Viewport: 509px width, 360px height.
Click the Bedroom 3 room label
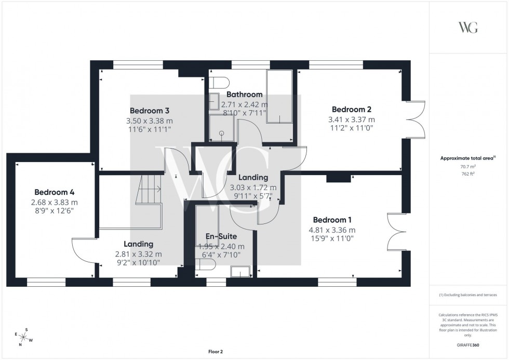(x=150, y=111)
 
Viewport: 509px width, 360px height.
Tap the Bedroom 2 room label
(x=352, y=110)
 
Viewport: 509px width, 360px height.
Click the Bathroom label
(x=244, y=95)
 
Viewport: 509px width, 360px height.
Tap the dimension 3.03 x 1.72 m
(x=253, y=188)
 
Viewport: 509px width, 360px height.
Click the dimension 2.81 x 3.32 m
(x=139, y=254)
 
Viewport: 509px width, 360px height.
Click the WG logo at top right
(x=468, y=28)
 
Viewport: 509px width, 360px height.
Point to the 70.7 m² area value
(x=468, y=167)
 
